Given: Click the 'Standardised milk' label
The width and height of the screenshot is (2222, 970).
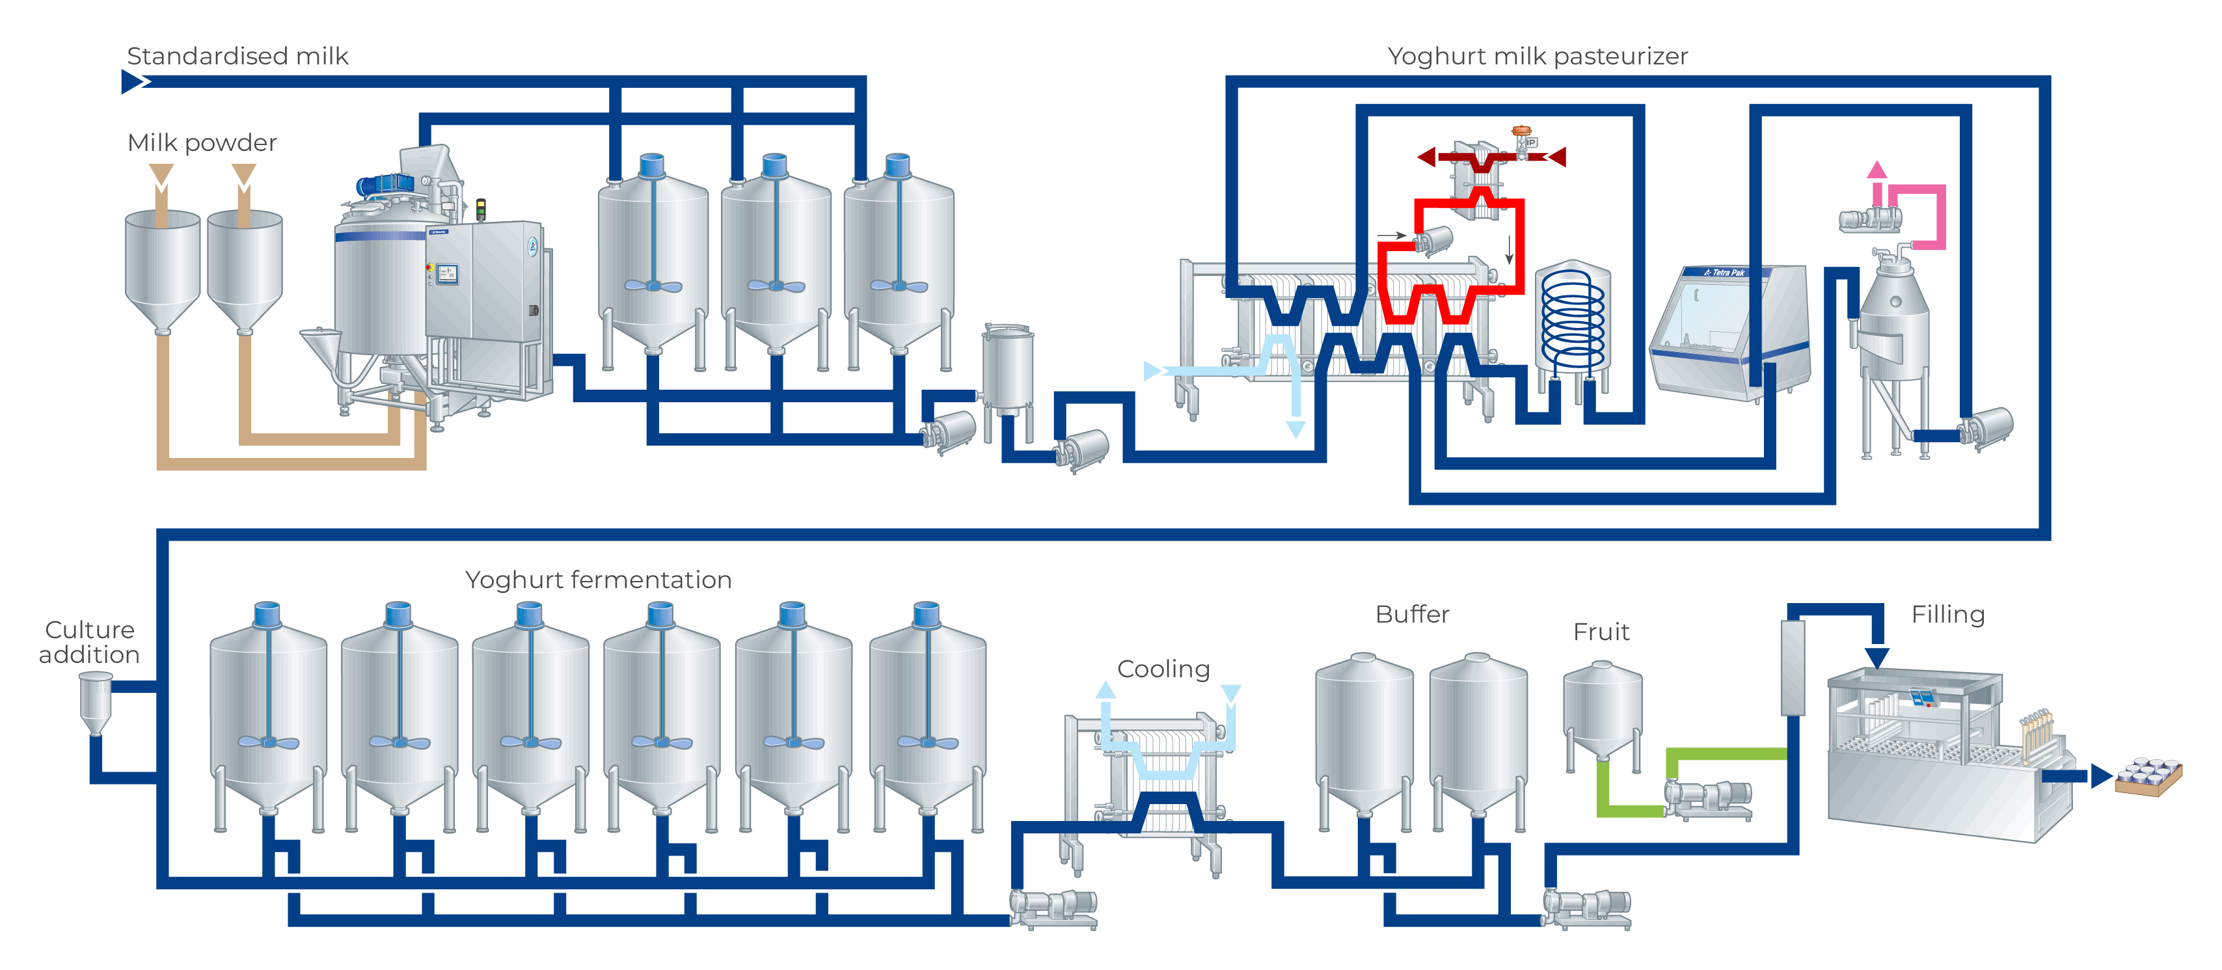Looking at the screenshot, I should [237, 56].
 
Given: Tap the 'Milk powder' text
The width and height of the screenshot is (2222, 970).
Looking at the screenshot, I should [202, 142].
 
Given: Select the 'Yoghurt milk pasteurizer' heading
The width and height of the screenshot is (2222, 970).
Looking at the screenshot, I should [1537, 56].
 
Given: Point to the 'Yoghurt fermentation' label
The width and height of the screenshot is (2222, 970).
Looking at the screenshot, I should [598, 580].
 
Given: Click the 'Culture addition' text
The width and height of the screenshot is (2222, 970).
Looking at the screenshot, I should [89, 641].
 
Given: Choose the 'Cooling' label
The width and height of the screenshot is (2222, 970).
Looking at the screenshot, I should [1163, 669].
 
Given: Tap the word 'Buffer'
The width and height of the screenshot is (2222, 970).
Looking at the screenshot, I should [1412, 614].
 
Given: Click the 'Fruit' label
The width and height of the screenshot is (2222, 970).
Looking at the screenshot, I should [1601, 632].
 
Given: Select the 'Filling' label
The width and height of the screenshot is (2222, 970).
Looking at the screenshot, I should [1947, 614].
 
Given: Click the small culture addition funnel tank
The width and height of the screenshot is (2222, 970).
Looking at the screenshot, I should [95, 700].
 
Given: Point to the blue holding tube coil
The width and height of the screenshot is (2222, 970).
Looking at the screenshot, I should [1573, 319].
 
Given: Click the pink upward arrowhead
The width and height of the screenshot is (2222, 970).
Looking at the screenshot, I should [1877, 169].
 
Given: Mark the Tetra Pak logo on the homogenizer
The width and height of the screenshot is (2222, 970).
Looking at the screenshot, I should [1725, 273].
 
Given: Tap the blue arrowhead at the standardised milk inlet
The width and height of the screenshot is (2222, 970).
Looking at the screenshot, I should [133, 82].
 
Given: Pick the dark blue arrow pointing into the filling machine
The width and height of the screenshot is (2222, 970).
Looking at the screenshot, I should [1877, 657].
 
